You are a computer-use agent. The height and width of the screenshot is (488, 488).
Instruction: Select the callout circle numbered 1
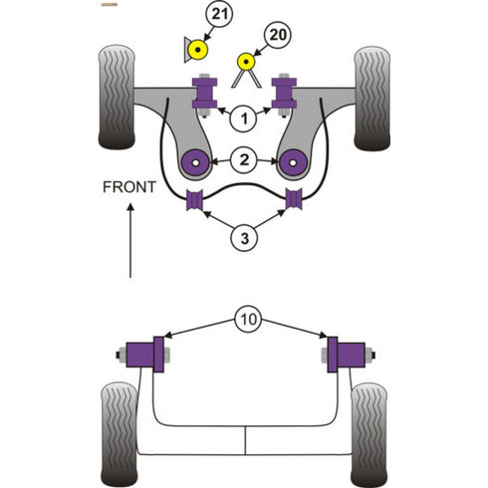tap(243, 120)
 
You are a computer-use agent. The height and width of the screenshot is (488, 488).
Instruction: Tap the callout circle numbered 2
tap(243, 158)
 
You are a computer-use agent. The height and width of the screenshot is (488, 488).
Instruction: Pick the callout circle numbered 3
tap(244, 237)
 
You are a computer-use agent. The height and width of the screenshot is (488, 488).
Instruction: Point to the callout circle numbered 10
tap(245, 321)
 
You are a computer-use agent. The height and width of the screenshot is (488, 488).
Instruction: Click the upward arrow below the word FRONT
tap(128, 239)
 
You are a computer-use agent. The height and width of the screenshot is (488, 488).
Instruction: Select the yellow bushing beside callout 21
tap(199, 49)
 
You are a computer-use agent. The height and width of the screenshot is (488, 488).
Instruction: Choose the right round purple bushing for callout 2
tap(295, 160)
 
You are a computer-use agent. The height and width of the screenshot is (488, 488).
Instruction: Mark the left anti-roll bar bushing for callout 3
tap(194, 199)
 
